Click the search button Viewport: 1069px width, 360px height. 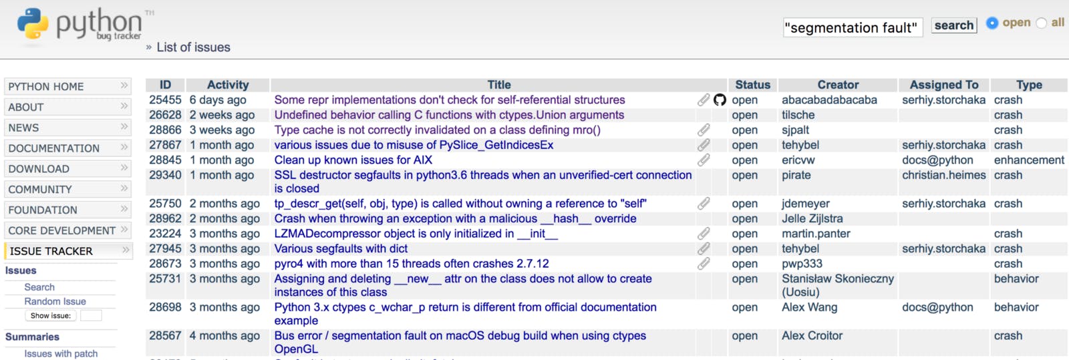coord(953,25)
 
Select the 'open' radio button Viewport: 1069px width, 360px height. coord(992,23)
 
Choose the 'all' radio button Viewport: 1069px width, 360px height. coord(1042,23)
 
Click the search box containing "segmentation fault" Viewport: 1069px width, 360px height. coord(853,27)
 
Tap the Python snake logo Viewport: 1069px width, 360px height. coord(33,23)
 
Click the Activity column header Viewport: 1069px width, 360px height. coord(228,85)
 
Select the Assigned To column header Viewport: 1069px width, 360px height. coord(943,85)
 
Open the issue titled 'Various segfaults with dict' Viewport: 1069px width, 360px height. coord(341,248)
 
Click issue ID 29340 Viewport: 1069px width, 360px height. coord(165,175)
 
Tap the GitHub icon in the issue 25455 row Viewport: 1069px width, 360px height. coord(720,100)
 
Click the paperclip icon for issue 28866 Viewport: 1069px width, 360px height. coord(704,130)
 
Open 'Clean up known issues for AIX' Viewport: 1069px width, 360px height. coord(353,160)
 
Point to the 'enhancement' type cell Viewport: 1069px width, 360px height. coord(1029,160)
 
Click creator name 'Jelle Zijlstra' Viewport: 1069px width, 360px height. coord(812,218)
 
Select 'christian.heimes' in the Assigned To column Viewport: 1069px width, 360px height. coord(943,175)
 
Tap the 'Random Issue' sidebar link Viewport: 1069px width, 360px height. coord(55,301)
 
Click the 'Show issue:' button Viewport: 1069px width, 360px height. coord(51,316)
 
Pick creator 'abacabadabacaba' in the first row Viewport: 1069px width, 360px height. coord(829,100)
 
